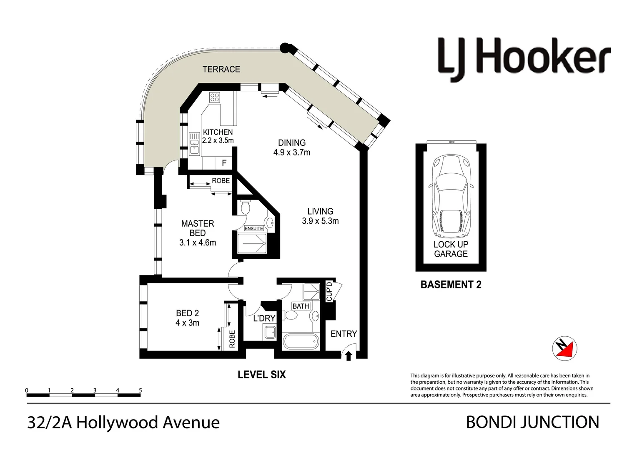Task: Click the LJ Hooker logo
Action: click(524, 60)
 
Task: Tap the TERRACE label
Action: click(221, 69)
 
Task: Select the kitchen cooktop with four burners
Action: click(215, 97)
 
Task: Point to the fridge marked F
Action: click(224, 163)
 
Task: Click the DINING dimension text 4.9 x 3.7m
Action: click(292, 152)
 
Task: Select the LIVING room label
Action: click(320, 211)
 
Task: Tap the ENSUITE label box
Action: click(254, 228)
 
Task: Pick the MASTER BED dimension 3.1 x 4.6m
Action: click(198, 242)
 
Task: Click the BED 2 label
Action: click(187, 313)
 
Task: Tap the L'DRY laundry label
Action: click(264, 318)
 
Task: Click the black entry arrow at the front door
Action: click(349, 355)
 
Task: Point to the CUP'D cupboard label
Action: click(329, 291)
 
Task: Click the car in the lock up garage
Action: click(451, 195)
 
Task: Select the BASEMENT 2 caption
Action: click(451, 285)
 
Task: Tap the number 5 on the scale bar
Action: click(140, 390)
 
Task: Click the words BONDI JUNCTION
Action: click(532, 422)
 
